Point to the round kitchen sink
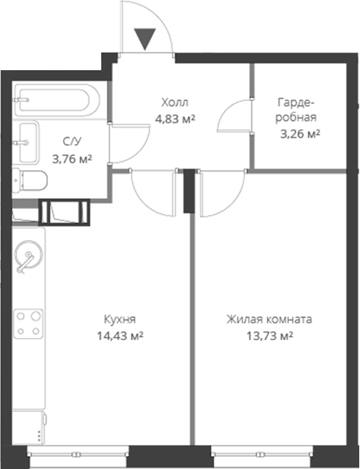(x=29, y=256)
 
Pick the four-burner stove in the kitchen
(x=29, y=322)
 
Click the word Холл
(x=174, y=103)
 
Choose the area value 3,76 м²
(x=71, y=159)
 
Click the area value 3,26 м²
(x=300, y=133)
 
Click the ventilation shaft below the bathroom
(x=65, y=211)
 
